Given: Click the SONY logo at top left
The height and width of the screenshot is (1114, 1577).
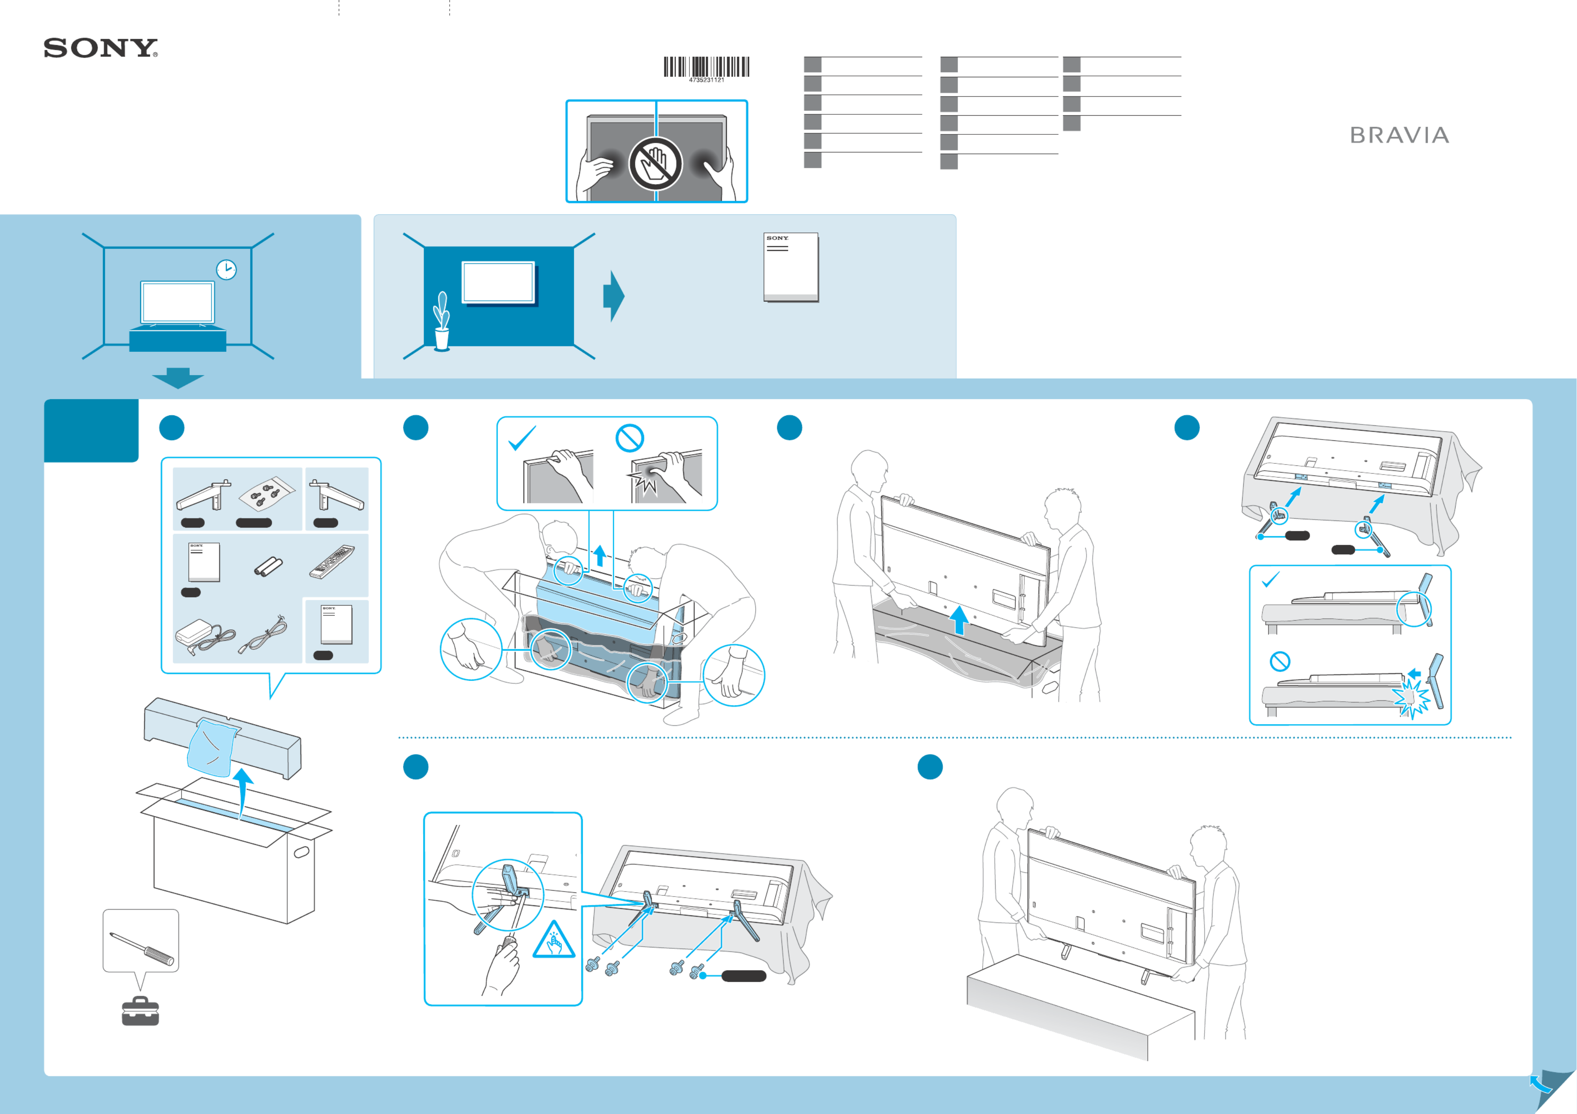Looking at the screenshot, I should click(x=100, y=48).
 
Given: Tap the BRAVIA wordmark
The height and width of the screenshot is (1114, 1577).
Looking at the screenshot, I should click(x=1399, y=135).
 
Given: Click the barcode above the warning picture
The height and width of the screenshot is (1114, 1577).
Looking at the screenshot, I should click(x=706, y=67).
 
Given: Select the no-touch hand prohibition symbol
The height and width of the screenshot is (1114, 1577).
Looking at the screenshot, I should click(x=655, y=164).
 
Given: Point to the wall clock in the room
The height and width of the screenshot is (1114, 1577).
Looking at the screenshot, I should click(x=226, y=269).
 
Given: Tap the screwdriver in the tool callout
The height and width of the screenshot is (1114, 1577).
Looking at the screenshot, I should click(x=142, y=948).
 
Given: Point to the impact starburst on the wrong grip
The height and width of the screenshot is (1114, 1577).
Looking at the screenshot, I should click(x=646, y=479).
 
